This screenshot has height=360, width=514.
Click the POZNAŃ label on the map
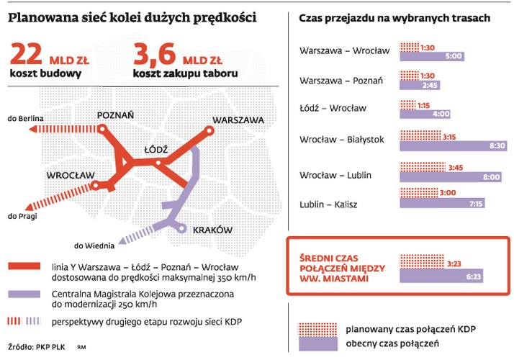click(x=116, y=114)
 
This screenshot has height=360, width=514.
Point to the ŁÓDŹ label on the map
click(x=155, y=148)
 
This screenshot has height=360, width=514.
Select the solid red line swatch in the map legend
click(x=24, y=267)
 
